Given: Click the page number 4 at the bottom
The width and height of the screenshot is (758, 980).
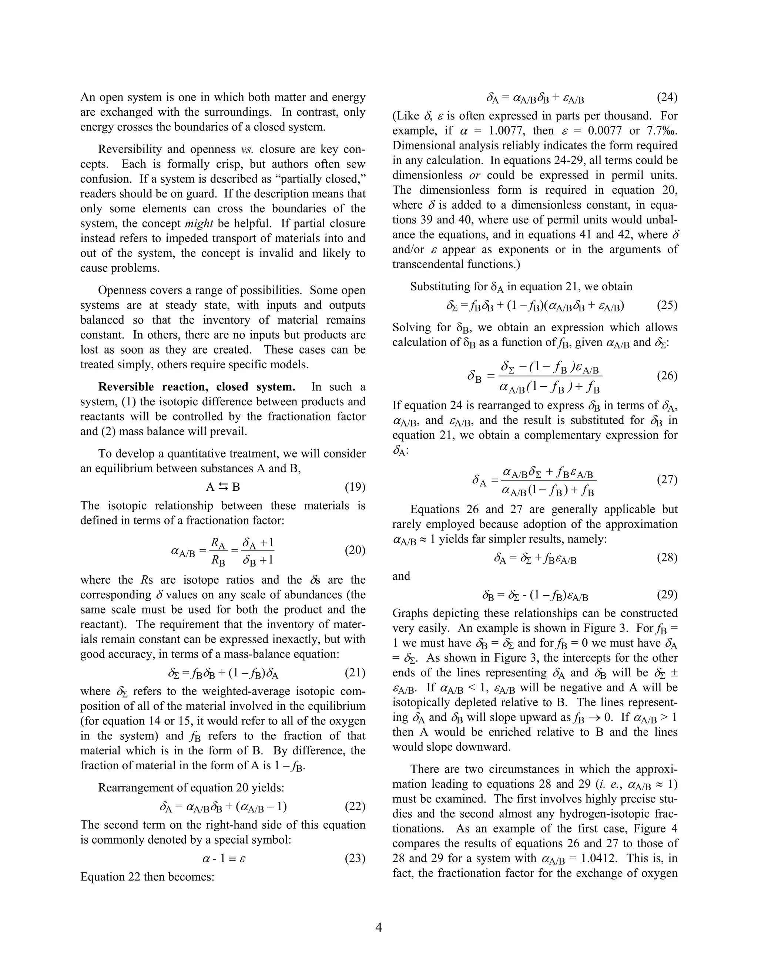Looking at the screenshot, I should [x=379, y=927].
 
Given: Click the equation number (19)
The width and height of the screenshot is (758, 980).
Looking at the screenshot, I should [x=355, y=487].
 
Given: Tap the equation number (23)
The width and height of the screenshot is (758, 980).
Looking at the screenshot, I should [x=355, y=858].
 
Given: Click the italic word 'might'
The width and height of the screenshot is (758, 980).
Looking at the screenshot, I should [x=198, y=223].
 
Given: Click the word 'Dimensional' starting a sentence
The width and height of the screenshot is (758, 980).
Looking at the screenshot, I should [x=420, y=145].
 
